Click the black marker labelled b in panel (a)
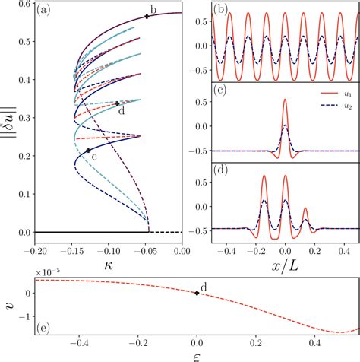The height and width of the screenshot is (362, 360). point(147,16)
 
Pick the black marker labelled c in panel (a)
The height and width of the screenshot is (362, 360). point(89,151)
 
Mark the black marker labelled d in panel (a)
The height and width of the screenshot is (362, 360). point(116,103)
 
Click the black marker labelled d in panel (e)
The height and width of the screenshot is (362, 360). point(197,293)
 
